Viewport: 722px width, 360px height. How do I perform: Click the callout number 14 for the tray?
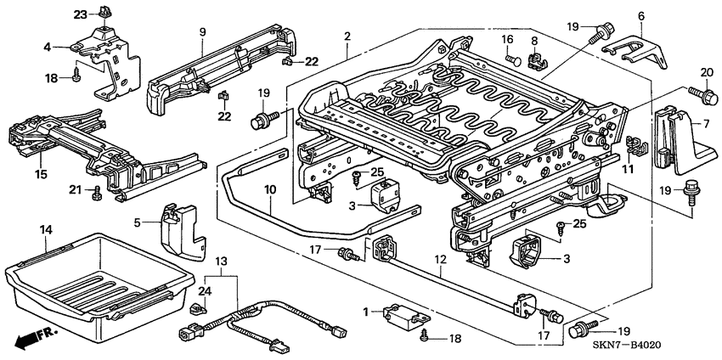coord(46,229)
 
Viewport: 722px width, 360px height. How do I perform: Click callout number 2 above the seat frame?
coord(347,36)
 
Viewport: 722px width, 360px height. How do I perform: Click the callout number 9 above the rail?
coord(203,32)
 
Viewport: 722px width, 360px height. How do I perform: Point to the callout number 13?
coord(221,260)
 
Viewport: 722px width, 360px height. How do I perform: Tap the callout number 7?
coord(704,125)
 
